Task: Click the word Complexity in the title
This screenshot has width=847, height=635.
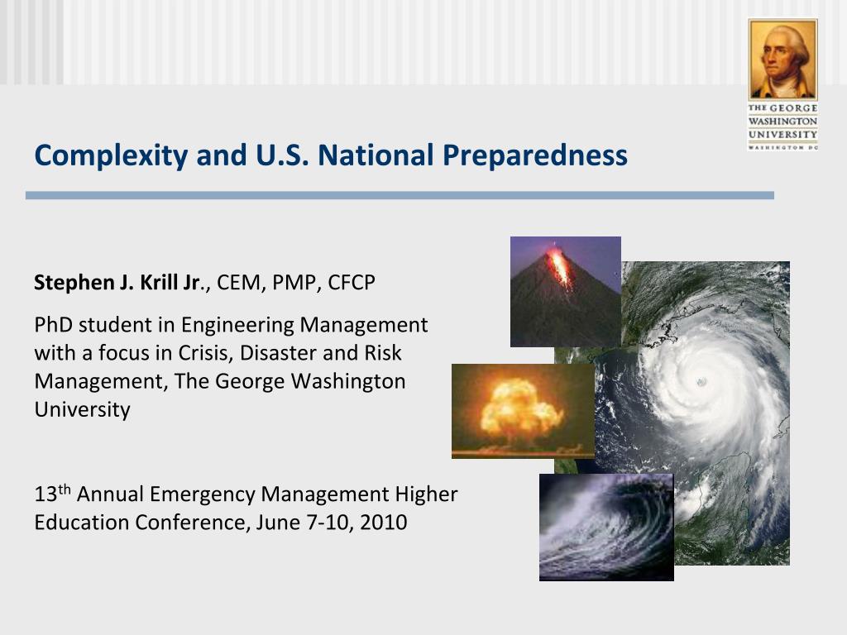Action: pos(111,156)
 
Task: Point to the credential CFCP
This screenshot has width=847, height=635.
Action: pos(351,283)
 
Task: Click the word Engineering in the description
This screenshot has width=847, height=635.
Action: pos(237,326)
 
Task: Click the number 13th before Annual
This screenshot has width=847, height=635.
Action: pos(52,494)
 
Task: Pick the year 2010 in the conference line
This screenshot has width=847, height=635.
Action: pos(384,523)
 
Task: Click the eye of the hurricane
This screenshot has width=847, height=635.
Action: pos(701,382)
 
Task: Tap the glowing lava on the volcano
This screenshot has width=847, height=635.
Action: pos(558,266)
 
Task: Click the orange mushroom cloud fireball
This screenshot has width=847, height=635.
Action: pos(519,408)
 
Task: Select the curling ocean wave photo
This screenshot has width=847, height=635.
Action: pos(606,527)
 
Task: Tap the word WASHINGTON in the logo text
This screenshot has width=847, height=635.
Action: pos(782,121)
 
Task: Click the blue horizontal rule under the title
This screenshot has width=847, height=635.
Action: pos(400,195)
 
